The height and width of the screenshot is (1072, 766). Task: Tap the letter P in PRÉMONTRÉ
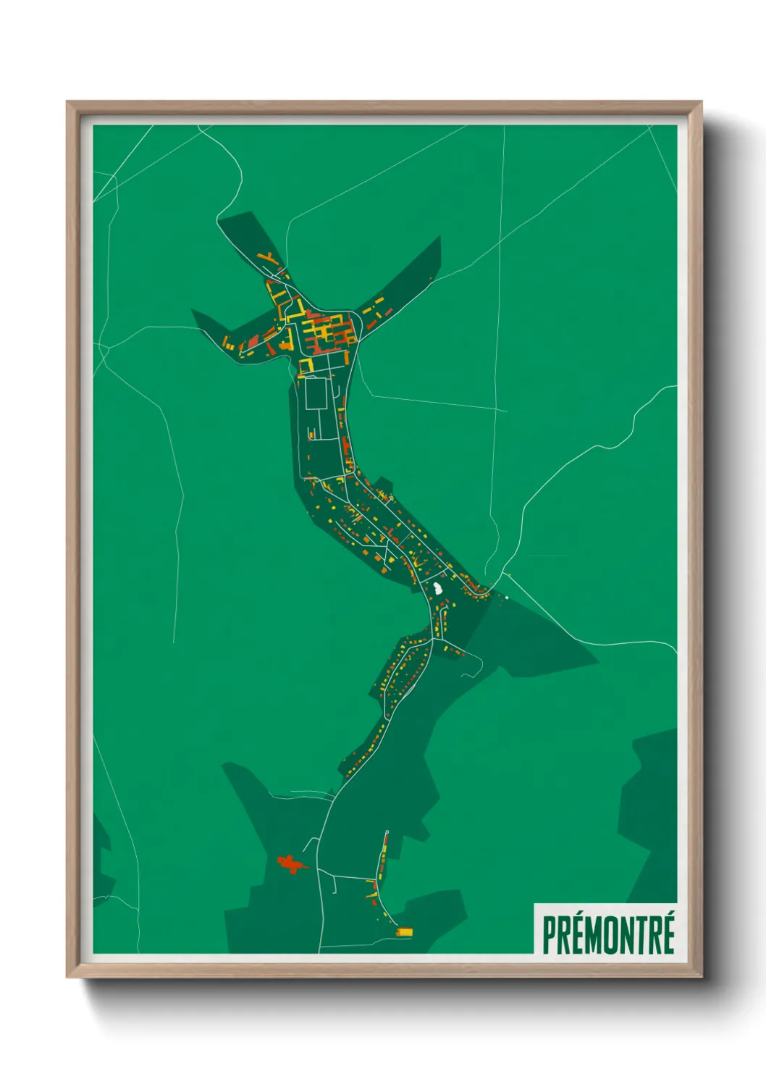point(550,935)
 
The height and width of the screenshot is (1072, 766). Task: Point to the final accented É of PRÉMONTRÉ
point(668,934)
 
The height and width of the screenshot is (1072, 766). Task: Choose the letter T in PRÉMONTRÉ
point(640,935)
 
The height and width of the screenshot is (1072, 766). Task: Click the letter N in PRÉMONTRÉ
point(626,935)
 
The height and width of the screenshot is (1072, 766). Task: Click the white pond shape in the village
point(439,587)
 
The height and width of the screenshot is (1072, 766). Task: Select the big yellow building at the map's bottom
point(405,931)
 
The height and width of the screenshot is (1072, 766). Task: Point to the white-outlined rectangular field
point(316,393)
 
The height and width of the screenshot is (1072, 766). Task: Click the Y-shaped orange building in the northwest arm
point(269,258)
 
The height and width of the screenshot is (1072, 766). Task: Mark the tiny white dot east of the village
point(507,598)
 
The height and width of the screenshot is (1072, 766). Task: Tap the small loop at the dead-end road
point(387,832)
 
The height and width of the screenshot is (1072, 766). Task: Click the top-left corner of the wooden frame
point(67,102)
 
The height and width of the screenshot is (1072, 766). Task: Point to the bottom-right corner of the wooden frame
point(701,976)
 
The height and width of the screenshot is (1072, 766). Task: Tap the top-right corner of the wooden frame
point(701,102)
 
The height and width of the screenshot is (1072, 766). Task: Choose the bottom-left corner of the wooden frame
point(67,976)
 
